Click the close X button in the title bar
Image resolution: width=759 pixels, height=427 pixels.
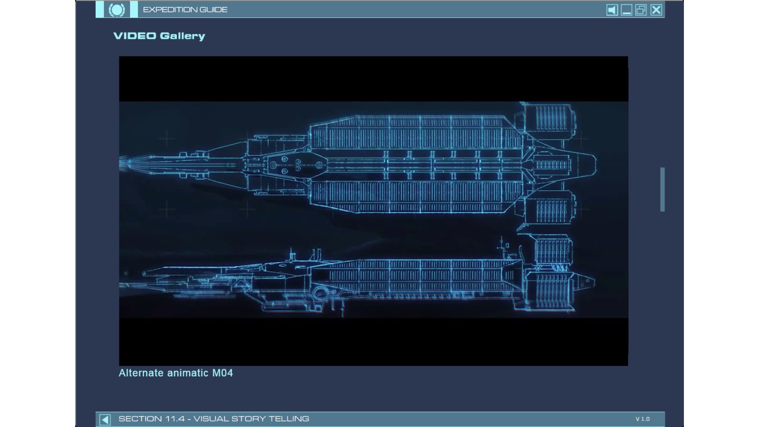pos(656,10)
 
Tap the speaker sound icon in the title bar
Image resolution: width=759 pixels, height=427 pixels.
pos(612,10)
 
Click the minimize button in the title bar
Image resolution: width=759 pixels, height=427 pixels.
pos(627,10)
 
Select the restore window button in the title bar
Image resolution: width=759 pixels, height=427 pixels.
pos(641,10)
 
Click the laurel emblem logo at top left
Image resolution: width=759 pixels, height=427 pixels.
pos(117,9)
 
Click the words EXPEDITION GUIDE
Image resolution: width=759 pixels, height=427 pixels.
pos(185,9)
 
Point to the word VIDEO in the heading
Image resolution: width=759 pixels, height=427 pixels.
pos(135,36)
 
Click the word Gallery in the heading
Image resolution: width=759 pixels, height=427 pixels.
pos(183,36)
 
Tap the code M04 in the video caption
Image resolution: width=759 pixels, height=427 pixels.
pos(223,373)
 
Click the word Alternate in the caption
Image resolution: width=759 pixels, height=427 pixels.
pos(141,373)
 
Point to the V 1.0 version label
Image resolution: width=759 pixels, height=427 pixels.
pos(643,419)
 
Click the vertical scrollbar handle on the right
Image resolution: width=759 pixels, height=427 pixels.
pos(663,189)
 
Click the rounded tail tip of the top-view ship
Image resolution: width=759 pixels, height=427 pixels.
pos(596,164)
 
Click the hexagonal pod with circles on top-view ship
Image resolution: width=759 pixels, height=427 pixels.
pos(296,164)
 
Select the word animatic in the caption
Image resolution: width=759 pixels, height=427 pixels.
pos(188,373)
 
